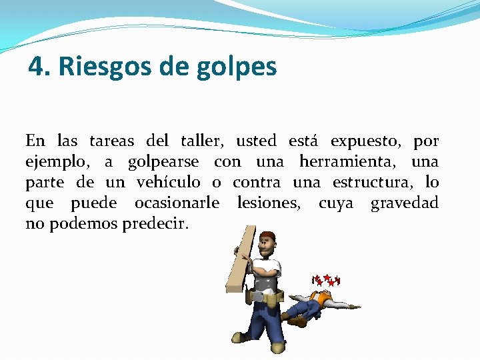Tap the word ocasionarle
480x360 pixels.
(177, 203)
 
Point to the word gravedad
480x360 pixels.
(405, 203)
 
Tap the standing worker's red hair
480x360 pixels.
(267, 236)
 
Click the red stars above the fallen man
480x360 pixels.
(326, 280)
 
